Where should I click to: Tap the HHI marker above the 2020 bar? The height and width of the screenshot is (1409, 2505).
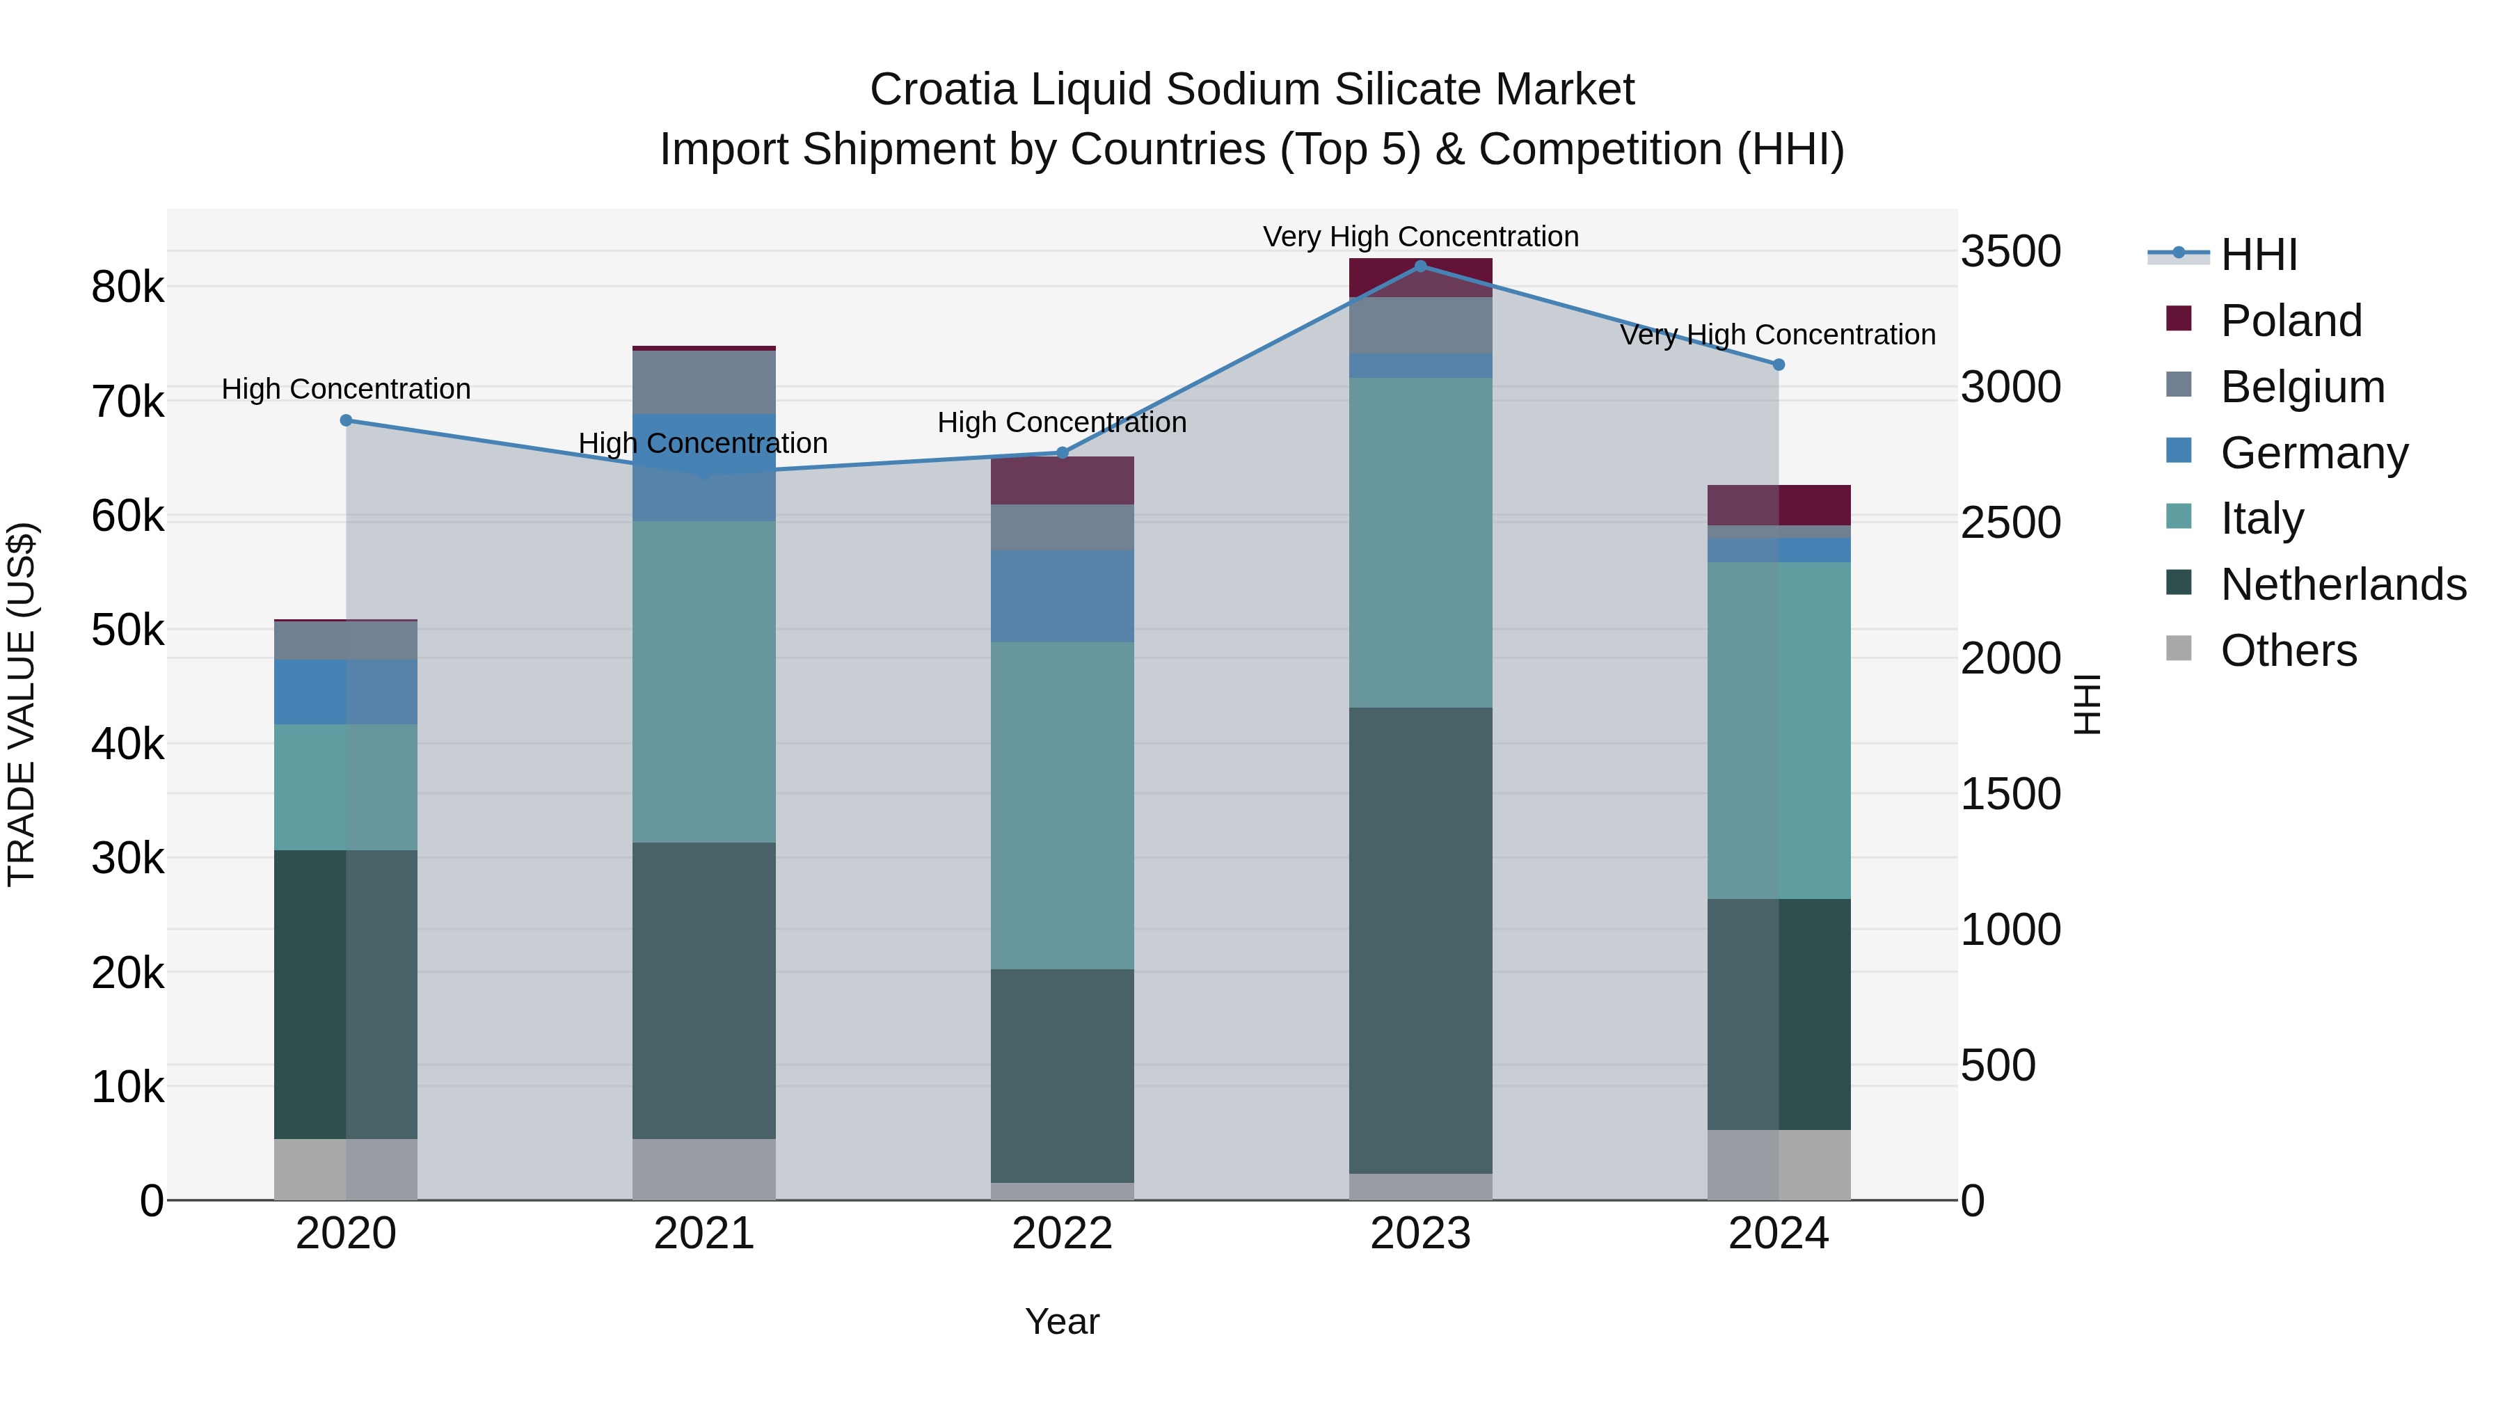347,420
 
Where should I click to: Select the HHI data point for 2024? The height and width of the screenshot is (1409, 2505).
1779,365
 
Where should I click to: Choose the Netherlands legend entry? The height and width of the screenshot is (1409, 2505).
2343,584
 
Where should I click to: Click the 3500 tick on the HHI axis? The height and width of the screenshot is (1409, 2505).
2010,252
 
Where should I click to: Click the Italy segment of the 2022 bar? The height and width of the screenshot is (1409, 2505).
1062,805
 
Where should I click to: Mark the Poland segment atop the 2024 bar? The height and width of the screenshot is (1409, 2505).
1779,504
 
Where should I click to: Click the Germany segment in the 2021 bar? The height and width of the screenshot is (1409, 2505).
704,467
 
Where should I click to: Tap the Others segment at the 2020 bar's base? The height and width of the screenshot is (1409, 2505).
347,1169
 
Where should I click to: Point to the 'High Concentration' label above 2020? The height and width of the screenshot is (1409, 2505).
347,389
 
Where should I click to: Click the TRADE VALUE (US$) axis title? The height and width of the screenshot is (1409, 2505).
22,704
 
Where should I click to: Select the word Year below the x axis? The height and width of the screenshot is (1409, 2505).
1062,1321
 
